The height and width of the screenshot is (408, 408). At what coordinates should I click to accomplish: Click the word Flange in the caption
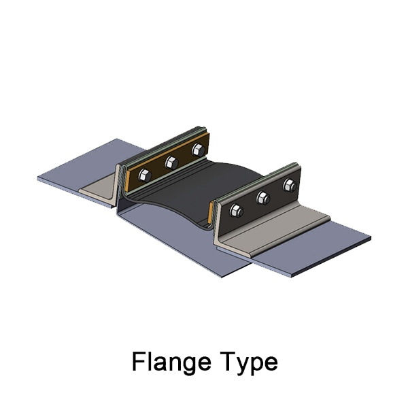pyautogui.click(x=171, y=362)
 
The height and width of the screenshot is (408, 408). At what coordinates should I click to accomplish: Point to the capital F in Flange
pyautogui.click(x=139, y=362)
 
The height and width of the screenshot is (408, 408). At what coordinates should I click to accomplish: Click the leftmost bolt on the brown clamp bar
pyautogui.click(x=145, y=175)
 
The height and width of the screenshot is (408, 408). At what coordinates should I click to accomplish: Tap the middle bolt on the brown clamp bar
pyautogui.click(x=171, y=163)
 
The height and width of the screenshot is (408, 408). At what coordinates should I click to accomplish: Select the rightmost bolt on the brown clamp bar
pyautogui.click(x=199, y=150)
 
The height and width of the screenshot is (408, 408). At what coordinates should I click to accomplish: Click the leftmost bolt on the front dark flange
pyautogui.click(x=236, y=210)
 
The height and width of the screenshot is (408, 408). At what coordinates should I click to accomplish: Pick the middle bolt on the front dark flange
pyautogui.click(x=262, y=197)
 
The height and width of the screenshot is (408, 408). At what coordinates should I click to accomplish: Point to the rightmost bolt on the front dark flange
pyautogui.click(x=290, y=185)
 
